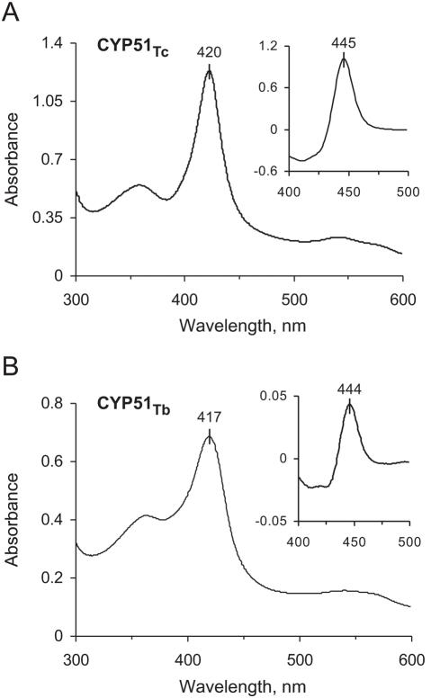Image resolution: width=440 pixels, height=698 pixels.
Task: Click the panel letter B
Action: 12,363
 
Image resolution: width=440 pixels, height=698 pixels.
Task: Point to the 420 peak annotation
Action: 209,54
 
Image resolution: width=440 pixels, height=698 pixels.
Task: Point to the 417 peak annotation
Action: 209,417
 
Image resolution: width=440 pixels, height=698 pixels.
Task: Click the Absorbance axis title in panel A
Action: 13,160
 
